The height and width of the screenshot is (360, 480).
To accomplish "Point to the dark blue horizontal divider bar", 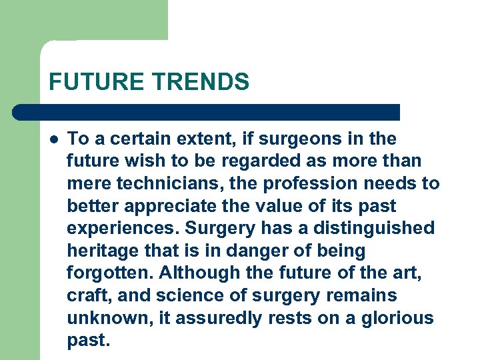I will pos(207,112).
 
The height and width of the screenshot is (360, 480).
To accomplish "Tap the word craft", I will pos(86,296).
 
